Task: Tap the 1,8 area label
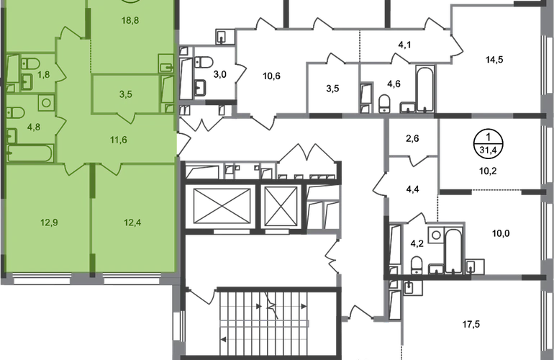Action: tap(44, 73)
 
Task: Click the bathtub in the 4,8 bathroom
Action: tap(29, 153)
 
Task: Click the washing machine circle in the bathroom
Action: tap(46, 102)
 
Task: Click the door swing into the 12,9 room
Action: tap(73, 168)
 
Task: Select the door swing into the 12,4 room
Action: tap(110, 168)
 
